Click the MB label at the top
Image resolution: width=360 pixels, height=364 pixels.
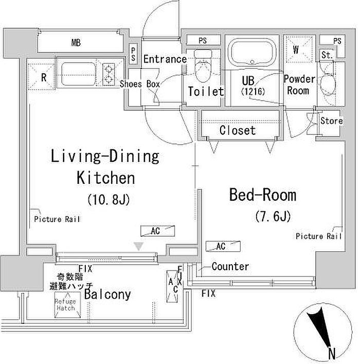76,43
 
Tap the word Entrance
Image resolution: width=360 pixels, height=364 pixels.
165,59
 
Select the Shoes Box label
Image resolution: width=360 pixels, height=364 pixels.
140,84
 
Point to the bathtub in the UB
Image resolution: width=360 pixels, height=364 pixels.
252,52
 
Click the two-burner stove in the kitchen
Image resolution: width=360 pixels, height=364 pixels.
109,74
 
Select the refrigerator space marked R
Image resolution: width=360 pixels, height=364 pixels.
41,77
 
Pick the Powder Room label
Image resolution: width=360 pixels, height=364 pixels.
299,85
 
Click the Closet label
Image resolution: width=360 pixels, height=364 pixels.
238,130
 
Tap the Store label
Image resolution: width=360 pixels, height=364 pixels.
332,120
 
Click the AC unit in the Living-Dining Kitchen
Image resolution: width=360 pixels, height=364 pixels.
157,231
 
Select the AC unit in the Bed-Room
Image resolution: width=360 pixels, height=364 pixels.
223,246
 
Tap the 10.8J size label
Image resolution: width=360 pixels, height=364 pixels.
109,199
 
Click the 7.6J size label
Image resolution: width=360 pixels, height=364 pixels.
273,216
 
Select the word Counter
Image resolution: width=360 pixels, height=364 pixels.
230,266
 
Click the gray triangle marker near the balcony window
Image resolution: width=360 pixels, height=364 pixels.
139,246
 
